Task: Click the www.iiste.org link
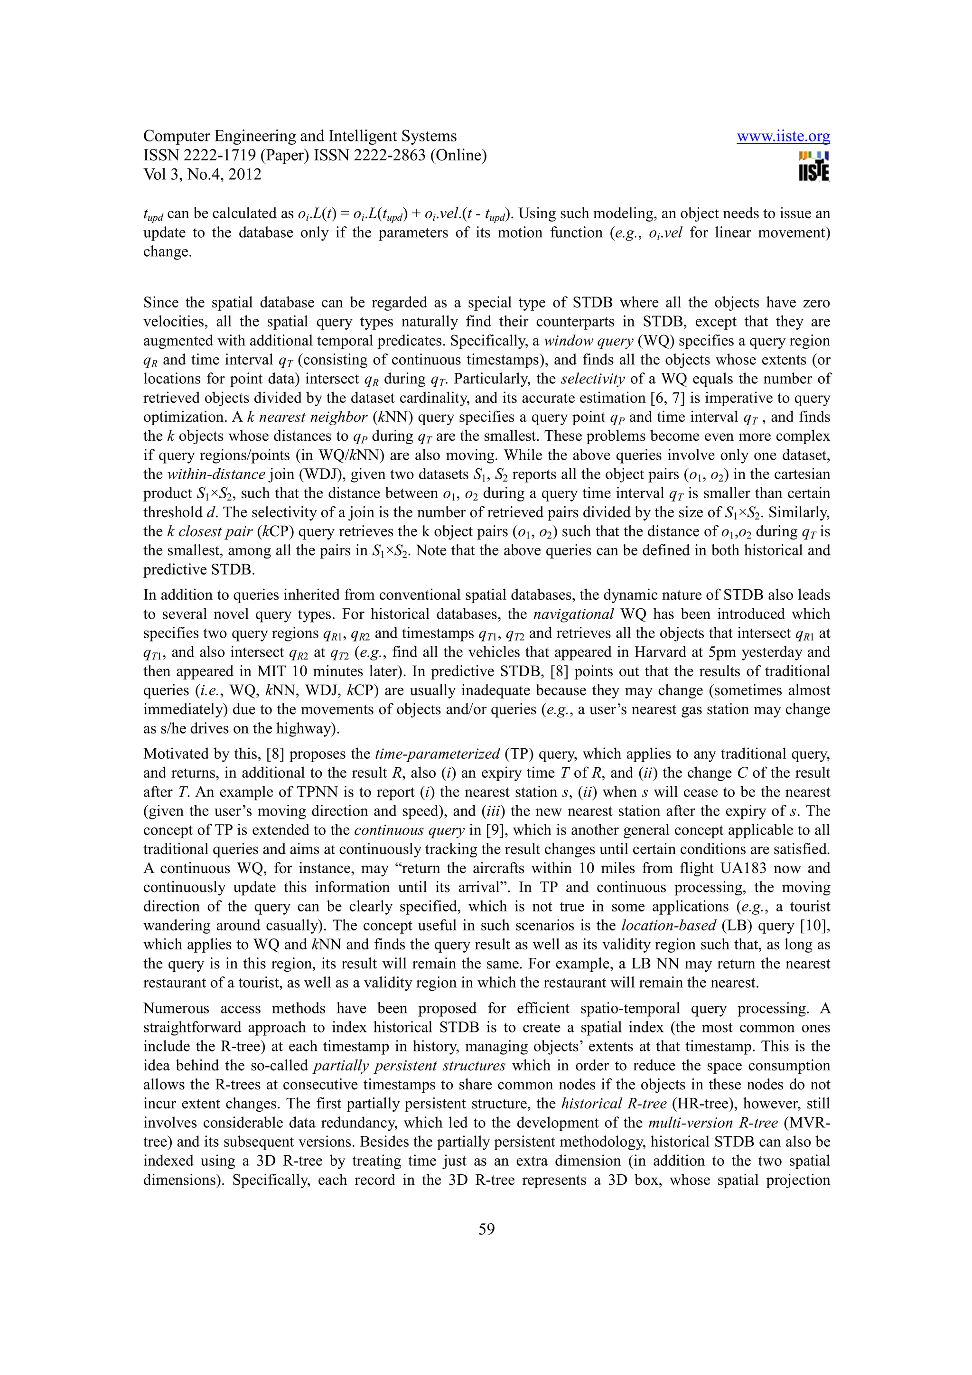tap(783, 137)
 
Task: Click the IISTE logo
tap(814, 167)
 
